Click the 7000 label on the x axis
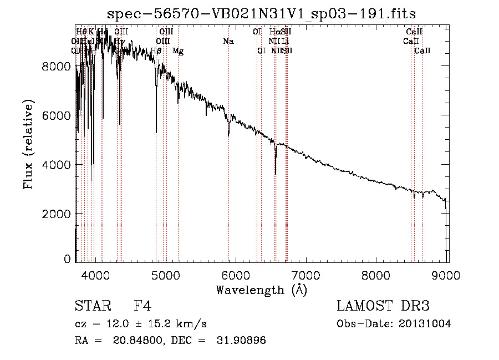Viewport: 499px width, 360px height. (306, 274)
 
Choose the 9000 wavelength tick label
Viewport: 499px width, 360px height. (447, 274)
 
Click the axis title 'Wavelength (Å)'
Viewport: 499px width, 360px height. (261, 289)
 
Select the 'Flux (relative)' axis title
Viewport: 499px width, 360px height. (28, 144)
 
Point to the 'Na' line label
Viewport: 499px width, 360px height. (228, 41)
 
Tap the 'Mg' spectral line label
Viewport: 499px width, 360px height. (178, 51)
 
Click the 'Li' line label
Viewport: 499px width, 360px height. (285, 41)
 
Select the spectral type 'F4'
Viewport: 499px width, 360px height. (143, 306)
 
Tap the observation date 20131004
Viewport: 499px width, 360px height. (424, 324)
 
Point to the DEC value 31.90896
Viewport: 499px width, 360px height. (240, 341)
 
